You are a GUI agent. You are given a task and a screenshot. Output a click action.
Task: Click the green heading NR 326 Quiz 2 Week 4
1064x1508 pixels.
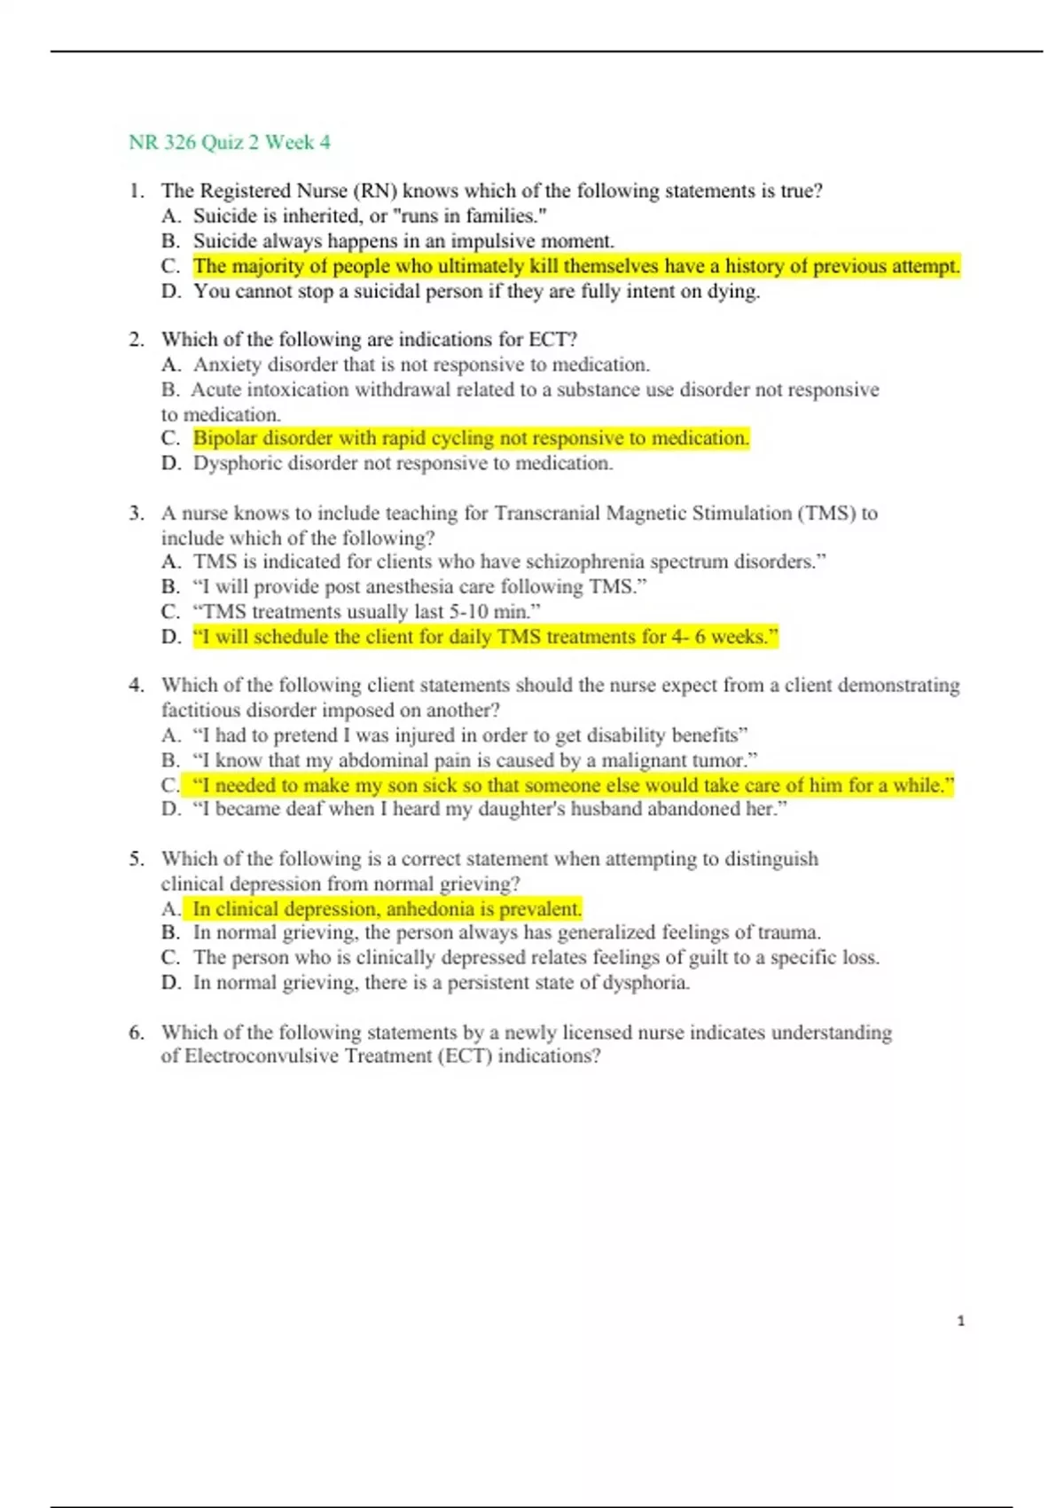[230, 143]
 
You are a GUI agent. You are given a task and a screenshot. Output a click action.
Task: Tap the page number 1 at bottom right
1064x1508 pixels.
[960, 1321]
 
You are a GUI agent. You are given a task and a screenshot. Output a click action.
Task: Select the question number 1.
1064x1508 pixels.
[136, 191]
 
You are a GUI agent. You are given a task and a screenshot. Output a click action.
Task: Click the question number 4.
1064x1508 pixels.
[136, 685]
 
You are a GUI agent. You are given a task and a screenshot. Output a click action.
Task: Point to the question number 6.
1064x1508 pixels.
[136, 1032]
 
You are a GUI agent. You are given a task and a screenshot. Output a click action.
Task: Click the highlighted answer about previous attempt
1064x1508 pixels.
[576, 266]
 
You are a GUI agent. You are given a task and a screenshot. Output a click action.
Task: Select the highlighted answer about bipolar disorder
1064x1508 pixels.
[471, 438]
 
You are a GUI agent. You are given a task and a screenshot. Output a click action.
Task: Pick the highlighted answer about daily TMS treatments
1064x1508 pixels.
[485, 637]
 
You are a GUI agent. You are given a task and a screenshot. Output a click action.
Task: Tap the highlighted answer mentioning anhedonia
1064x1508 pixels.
[387, 908]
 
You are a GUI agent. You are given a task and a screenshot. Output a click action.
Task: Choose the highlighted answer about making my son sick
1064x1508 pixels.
[573, 785]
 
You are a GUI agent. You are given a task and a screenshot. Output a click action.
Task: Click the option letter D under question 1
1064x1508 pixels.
[171, 292]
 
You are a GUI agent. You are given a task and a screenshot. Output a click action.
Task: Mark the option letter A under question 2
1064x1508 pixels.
[171, 365]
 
